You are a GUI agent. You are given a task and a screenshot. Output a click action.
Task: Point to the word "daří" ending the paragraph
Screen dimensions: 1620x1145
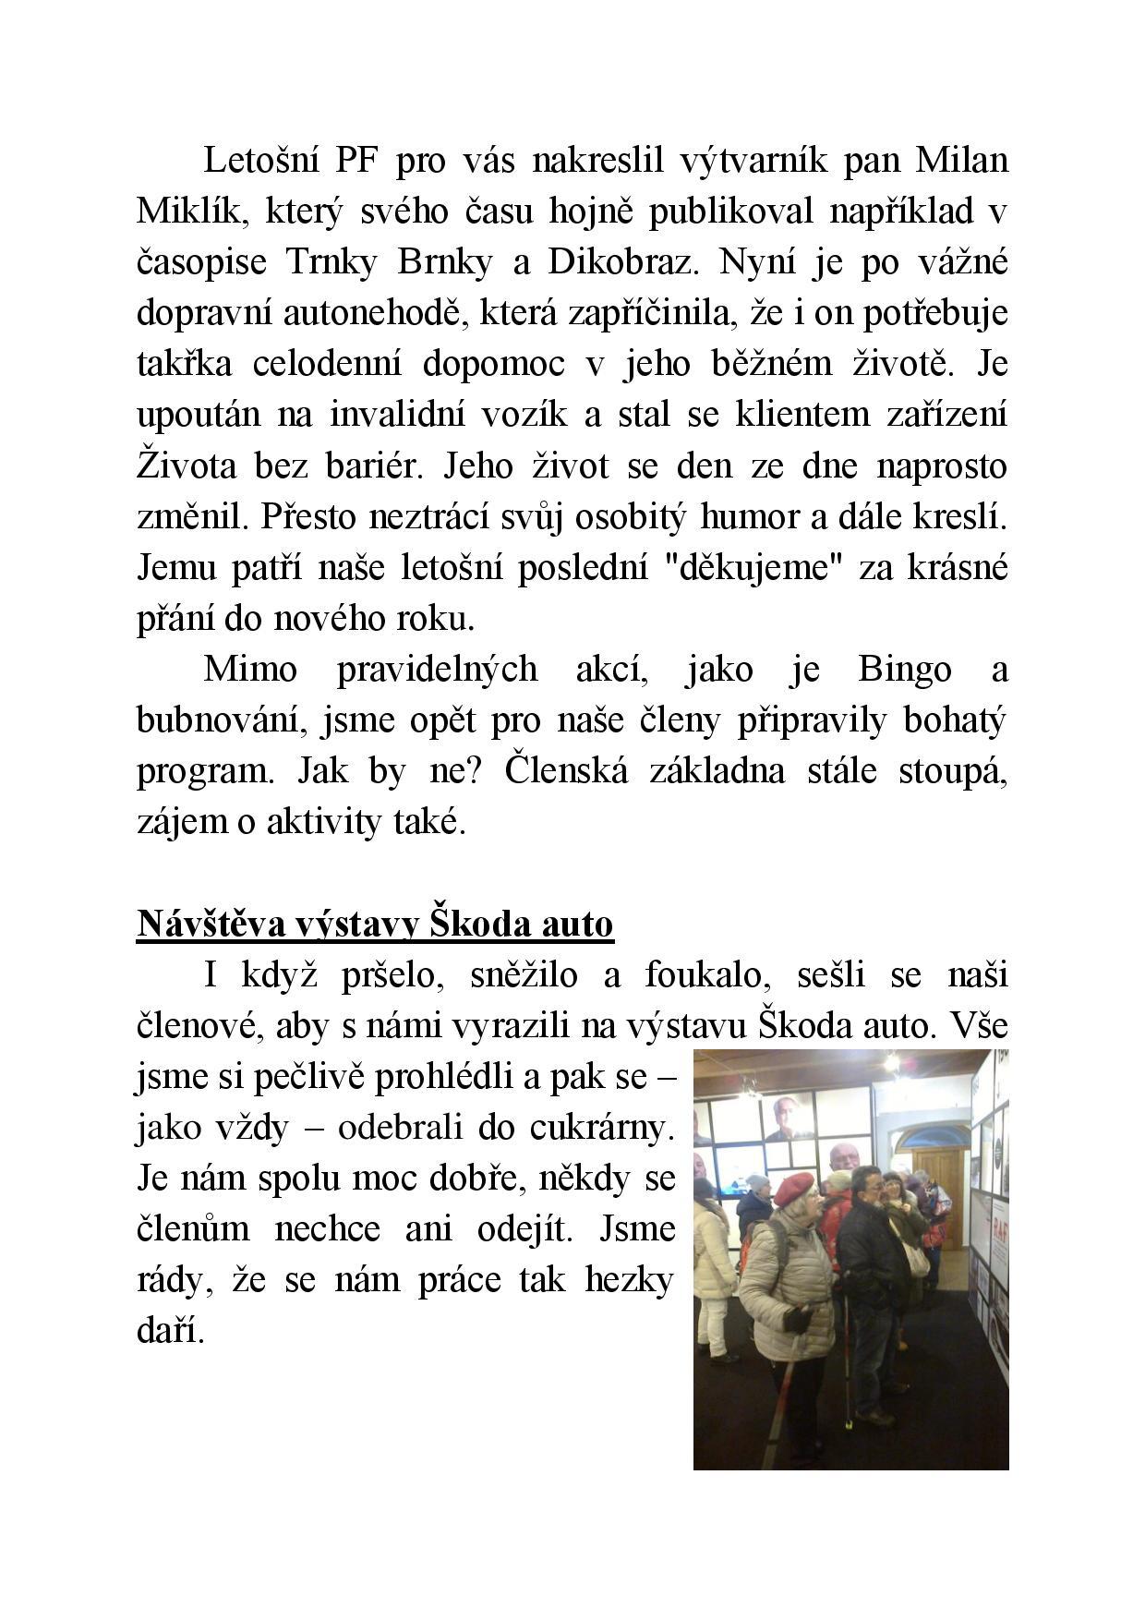coord(169,1331)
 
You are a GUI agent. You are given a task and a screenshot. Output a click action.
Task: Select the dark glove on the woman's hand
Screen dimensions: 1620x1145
coord(795,1317)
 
